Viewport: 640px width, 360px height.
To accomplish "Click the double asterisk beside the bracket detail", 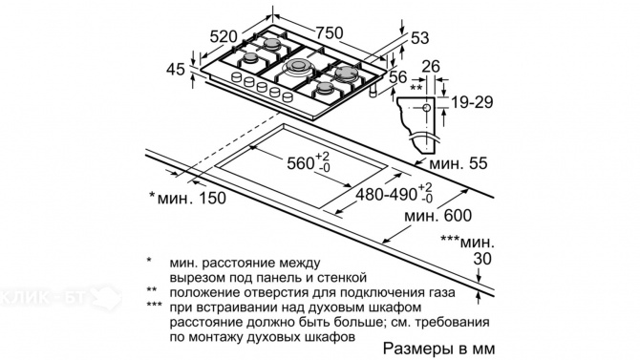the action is (416, 88).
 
